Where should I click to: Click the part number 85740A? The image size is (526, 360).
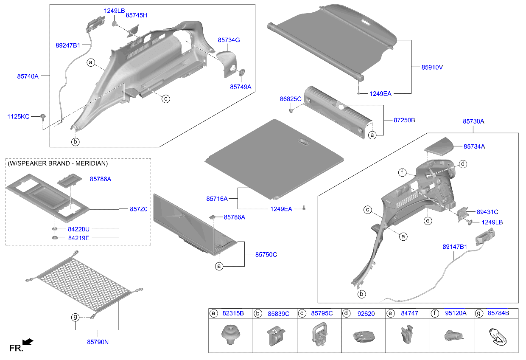28,76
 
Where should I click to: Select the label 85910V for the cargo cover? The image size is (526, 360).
432,67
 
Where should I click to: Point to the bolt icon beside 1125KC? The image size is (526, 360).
43,117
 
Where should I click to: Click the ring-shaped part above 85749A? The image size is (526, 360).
242,72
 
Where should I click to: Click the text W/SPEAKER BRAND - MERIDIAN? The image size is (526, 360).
58,163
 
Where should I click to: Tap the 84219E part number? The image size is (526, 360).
78,238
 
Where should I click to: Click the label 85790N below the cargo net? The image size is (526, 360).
98,341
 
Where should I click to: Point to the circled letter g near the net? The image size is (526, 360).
75,317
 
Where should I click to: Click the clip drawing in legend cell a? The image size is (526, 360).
230,334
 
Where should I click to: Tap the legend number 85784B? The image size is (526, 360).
498,314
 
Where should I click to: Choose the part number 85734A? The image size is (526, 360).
474,146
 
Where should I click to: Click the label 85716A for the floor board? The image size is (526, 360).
217,199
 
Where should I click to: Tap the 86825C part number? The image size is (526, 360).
290,98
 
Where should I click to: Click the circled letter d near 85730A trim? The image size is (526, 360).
463,164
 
